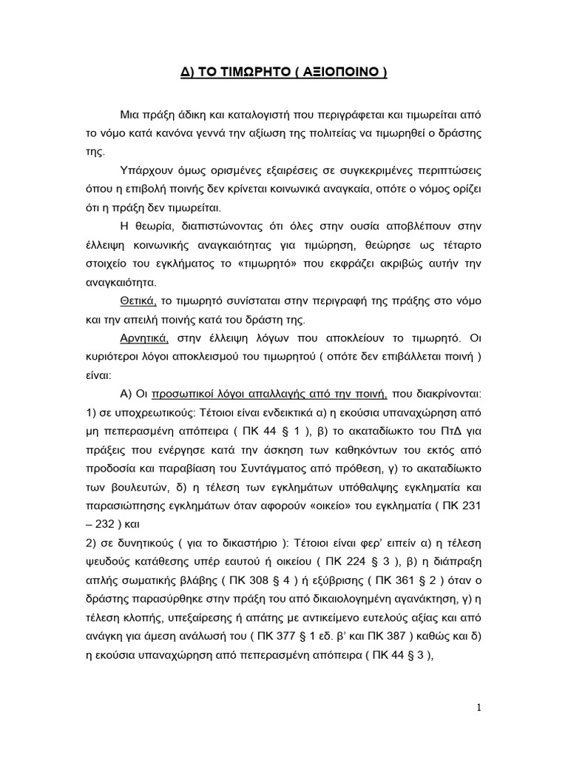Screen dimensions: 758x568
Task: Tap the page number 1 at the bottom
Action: (479, 708)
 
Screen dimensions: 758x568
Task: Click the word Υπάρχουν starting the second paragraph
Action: (144, 170)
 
